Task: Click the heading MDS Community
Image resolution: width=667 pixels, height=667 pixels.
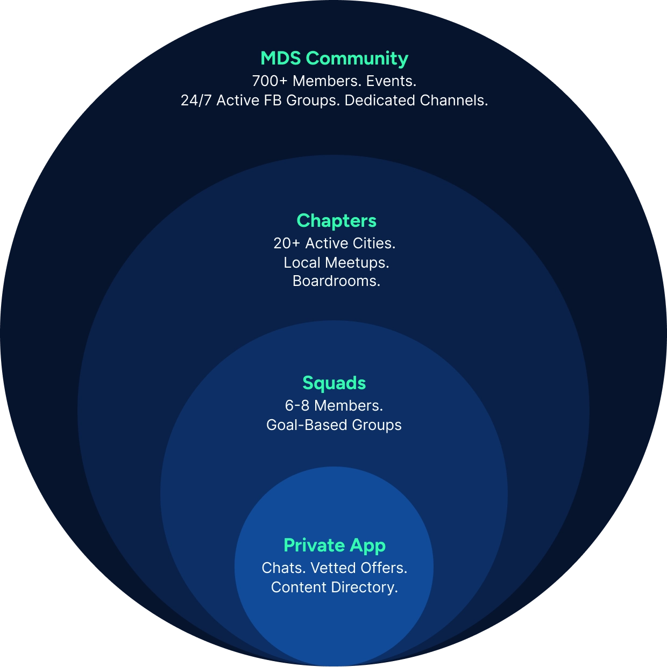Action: click(x=334, y=58)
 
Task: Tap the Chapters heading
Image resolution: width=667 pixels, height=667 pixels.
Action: click(x=336, y=220)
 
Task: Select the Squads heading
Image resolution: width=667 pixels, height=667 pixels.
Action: click(x=334, y=383)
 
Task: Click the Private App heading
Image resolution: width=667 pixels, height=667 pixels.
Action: click(x=334, y=545)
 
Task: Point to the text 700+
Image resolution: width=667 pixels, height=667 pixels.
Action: click(x=269, y=81)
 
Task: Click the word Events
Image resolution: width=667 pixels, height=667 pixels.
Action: click(x=391, y=81)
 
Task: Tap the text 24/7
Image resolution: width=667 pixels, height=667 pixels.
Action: click(x=196, y=101)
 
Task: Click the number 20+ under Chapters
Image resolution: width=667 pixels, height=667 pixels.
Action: click(x=287, y=243)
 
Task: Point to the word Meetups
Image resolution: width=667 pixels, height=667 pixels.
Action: click(x=357, y=263)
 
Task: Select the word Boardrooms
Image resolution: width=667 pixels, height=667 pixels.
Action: click(x=336, y=281)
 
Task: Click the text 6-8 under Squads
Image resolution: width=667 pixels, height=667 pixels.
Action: click(x=297, y=406)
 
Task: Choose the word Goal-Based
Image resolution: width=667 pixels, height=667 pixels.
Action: click(x=307, y=425)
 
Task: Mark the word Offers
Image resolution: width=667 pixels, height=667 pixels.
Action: click(x=384, y=568)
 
